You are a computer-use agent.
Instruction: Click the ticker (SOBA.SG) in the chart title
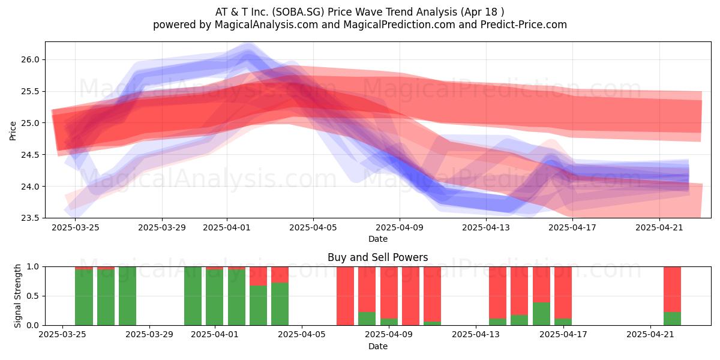pyautogui.click(x=298, y=12)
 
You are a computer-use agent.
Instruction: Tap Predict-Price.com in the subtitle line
pyautogui.click(x=523, y=25)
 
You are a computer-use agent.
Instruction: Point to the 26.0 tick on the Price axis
pyautogui.click(x=30, y=60)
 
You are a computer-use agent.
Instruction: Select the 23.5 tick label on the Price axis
pyautogui.click(x=30, y=218)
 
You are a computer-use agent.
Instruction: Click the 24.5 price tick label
pyautogui.click(x=30, y=155)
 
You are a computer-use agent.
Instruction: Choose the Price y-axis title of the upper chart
pyautogui.click(x=13, y=131)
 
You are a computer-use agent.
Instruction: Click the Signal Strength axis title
pyautogui.click(x=17, y=296)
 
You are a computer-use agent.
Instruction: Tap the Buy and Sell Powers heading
pyautogui.click(x=377, y=257)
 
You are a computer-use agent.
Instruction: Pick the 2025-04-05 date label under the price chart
pyautogui.click(x=313, y=228)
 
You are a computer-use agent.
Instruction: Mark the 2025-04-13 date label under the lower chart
pyautogui.click(x=476, y=335)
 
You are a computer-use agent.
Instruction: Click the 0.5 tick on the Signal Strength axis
pyautogui.click(x=32, y=296)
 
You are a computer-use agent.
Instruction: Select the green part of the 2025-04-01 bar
pyautogui.click(x=215, y=298)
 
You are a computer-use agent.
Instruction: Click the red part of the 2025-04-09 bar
pyautogui.click(x=389, y=293)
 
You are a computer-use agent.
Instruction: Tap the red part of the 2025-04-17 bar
pyautogui.click(x=563, y=293)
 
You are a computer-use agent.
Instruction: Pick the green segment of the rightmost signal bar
pyautogui.click(x=672, y=319)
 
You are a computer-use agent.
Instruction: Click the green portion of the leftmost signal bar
pyautogui.click(x=84, y=298)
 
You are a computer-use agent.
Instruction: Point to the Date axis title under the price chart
pyautogui.click(x=377, y=239)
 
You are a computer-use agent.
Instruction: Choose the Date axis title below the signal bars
pyautogui.click(x=377, y=346)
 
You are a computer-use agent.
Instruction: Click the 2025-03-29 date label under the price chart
pyautogui.click(x=162, y=228)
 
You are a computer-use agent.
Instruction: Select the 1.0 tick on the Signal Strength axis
pyautogui.click(x=32, y=267)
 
